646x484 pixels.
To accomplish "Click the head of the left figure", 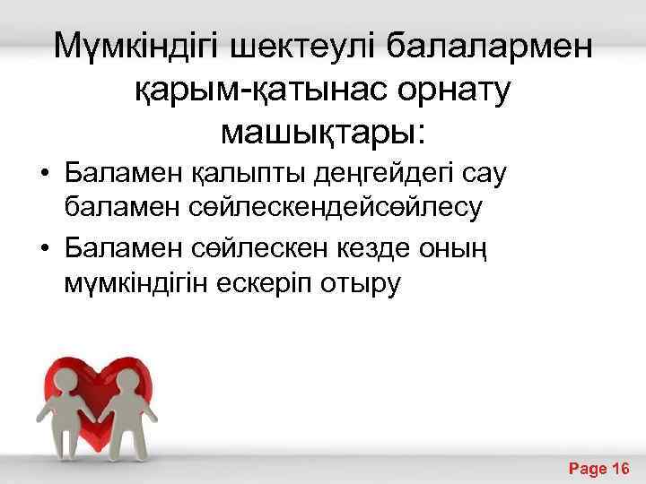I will tap(65, 376).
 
